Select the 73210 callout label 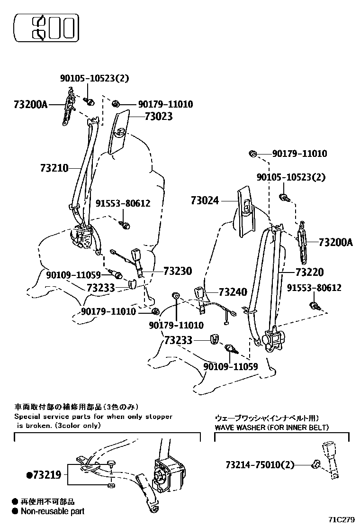[x=54, y=168]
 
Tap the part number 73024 [x=205, y=200]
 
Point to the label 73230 [x=178, y=271]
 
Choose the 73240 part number [x=233, y=292]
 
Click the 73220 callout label [x=309, y=272]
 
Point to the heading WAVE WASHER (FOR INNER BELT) [x=271, y=427]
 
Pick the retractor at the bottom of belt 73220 [x=273, y=339]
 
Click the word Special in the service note [x=28, y=417]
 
